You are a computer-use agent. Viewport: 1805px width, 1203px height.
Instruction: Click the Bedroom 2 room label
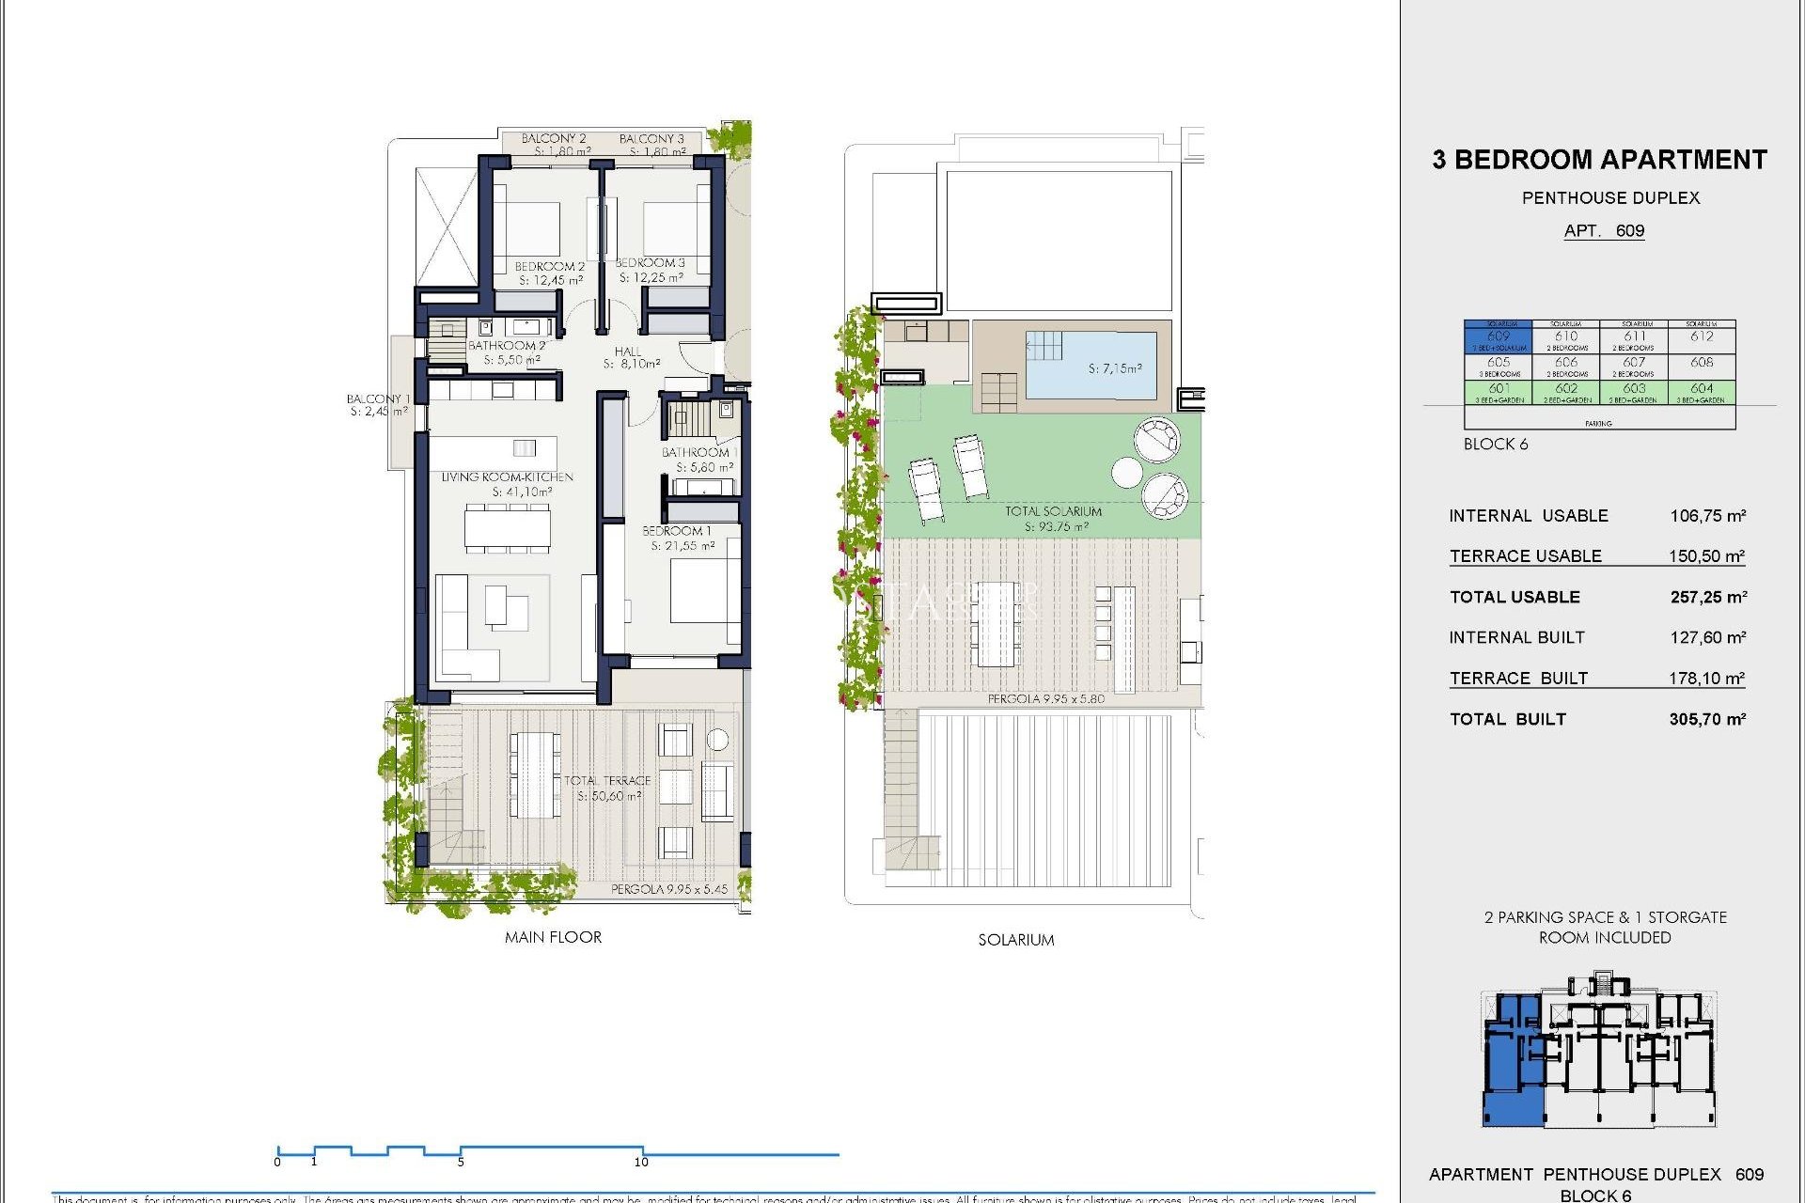549,267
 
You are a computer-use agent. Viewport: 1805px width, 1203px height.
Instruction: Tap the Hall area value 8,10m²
632,364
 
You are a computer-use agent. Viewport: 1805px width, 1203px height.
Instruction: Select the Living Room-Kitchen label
507,477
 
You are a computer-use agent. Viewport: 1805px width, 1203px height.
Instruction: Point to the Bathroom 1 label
698,452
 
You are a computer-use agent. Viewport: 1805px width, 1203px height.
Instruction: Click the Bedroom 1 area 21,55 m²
683,545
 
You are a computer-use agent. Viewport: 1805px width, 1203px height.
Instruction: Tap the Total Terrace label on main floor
607,780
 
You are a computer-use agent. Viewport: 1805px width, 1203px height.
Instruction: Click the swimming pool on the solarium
1091,365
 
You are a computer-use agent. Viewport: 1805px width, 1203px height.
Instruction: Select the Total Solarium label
1053,511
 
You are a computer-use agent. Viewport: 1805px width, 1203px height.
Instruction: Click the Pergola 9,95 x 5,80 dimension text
1045,699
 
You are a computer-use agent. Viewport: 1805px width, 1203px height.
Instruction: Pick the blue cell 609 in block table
1498,336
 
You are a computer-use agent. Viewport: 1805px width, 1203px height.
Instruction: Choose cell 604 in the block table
1702,389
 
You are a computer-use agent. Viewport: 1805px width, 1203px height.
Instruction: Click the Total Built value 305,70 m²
1707,719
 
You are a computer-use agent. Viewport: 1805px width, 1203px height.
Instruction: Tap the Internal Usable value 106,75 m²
1707,516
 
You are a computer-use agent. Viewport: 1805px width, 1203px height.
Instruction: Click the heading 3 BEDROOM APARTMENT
1599,160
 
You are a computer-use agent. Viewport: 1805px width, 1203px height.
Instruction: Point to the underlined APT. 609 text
1604,231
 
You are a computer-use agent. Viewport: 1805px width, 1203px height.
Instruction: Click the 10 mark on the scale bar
641,1162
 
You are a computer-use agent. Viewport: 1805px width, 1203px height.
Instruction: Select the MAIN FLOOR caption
553,937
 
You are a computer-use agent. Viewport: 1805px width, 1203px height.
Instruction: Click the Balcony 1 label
377,399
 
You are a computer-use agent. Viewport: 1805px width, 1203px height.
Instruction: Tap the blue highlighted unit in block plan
1512,1062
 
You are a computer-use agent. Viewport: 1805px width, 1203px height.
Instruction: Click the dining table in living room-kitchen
507,527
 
